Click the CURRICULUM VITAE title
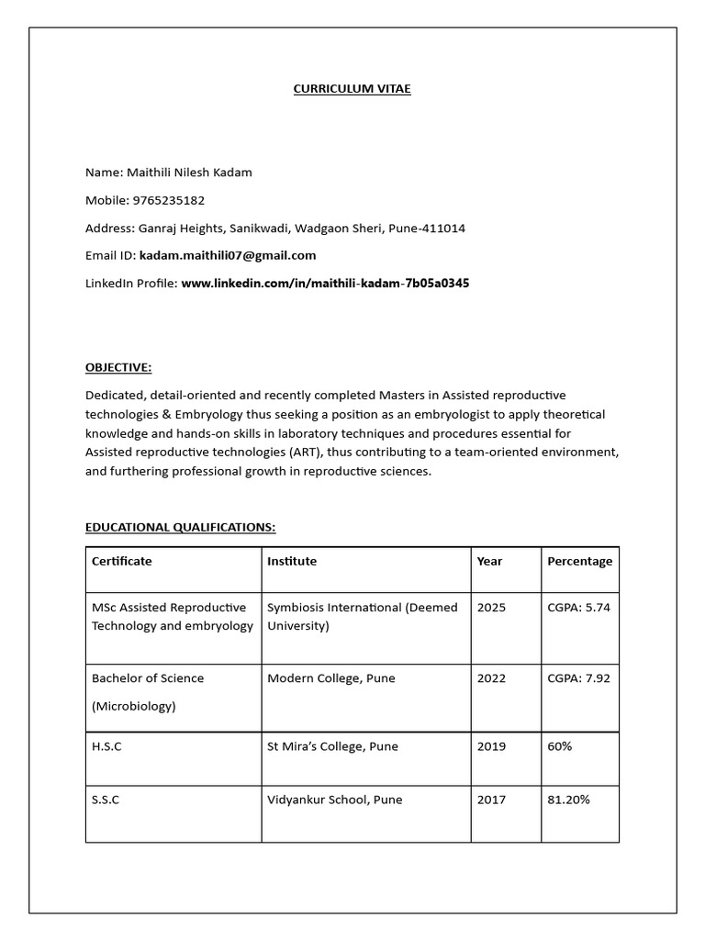point(352,89)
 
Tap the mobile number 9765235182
point(169,200)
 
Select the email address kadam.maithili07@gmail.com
point(228,255)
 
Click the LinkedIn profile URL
point(325,283)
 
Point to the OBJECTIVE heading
point(118,367)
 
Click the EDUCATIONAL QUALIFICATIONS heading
point(180,527)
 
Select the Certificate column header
point(122,561)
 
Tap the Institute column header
point(292,561)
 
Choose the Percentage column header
point(579,561)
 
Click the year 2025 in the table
point(491,608)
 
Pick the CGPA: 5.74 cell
point(578,608)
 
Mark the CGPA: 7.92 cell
point(578,678)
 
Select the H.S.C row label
point(106,746)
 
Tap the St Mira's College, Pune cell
point(332,746)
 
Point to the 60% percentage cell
point(559,746)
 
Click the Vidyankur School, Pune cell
point(334,800)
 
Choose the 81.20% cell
point(568,800)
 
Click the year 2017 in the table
point(491,800)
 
